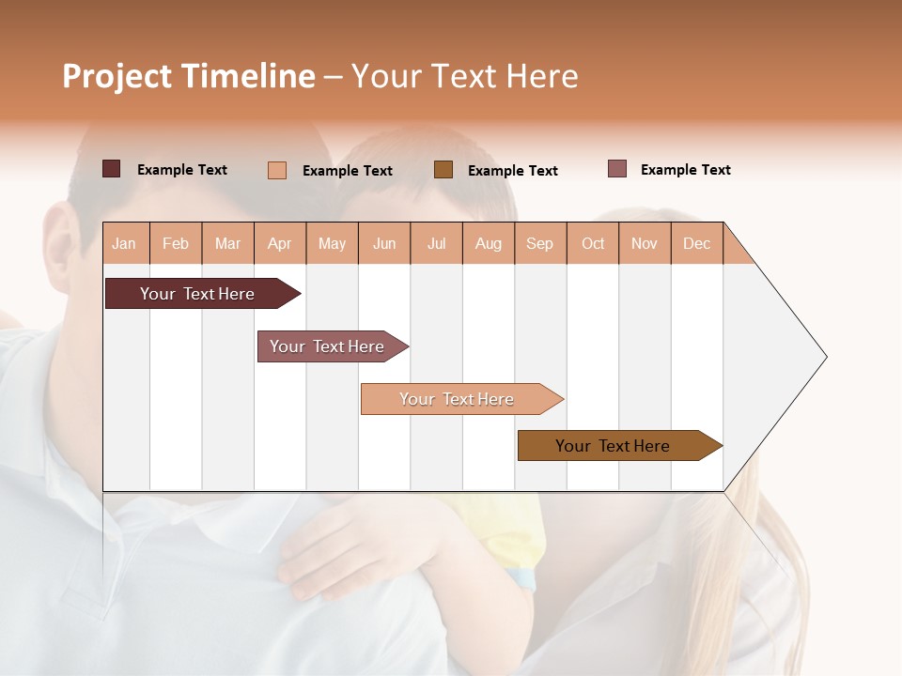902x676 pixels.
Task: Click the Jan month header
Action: (124, 243)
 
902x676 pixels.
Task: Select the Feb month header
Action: (176, 243)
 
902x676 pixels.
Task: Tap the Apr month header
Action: (279, 243)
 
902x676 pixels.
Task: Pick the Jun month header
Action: (384, 243)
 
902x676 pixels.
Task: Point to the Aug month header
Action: (488, 243)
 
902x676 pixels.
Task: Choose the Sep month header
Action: (539, 243)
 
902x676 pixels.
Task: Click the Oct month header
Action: (593, 243)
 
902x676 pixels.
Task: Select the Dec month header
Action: (696, 243)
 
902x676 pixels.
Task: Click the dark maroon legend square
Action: (112, 169)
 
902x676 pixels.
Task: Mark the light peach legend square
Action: (277, 170)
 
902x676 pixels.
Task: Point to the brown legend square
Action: (443, 170)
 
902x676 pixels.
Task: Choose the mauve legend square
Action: (616, 169)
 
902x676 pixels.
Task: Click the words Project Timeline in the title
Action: (188, 76)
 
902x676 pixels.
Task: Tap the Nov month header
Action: (645, 243)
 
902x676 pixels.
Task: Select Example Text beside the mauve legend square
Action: (685, 169)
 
